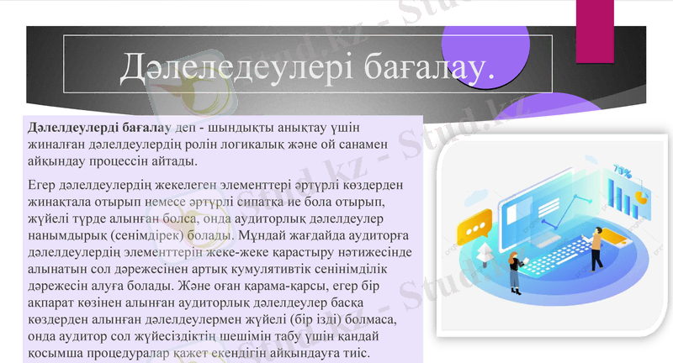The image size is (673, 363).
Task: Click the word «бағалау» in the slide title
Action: click(x=429, y=68)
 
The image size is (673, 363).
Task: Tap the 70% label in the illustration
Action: click(x=623, y=171)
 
